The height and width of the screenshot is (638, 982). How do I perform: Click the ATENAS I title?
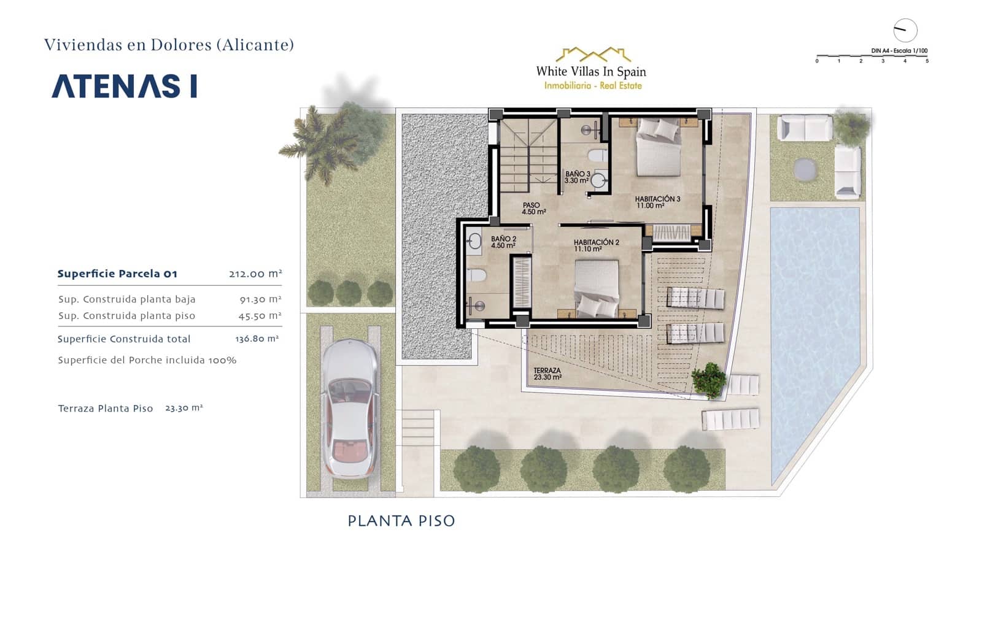125,86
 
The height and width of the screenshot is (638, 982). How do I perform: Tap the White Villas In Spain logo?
591,69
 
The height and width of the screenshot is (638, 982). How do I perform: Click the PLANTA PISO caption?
401,521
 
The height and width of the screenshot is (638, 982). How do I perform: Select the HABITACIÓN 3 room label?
657,202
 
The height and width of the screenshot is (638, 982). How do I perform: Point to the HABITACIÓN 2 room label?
596,245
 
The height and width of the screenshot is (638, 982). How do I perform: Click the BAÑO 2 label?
503,242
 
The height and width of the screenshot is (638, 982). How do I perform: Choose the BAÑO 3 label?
577,177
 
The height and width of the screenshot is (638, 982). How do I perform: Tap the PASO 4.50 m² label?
533,209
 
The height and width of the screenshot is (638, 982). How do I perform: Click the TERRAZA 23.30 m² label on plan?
547,374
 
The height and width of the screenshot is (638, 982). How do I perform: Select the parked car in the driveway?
349,409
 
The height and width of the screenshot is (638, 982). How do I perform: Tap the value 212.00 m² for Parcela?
255,274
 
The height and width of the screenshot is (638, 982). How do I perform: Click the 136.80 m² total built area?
257,339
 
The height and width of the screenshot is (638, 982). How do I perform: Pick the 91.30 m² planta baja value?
260,299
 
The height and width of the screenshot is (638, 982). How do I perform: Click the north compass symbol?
905,30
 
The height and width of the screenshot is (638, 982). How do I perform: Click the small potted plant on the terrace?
710,379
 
